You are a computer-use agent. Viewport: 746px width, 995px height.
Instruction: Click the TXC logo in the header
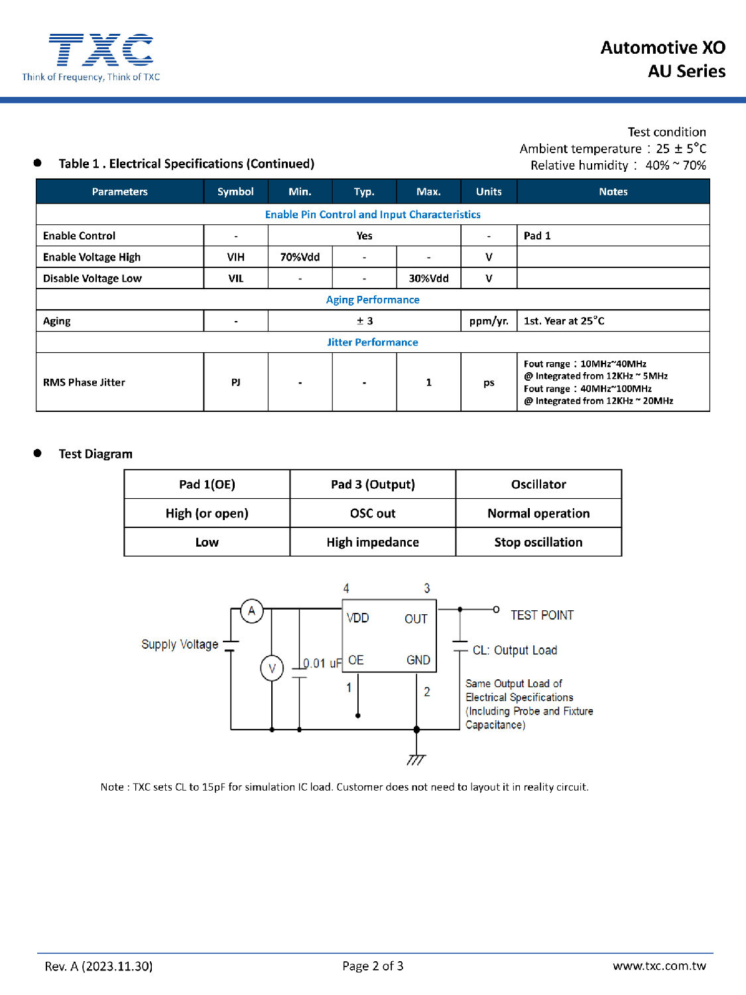[x=101, y=50]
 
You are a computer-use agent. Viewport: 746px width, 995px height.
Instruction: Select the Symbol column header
[x=235, y=192]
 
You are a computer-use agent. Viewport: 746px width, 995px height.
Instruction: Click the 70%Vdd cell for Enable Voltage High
[x=300, y=257]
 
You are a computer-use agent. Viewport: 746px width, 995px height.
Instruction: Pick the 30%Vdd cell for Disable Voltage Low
[x=428, y=279]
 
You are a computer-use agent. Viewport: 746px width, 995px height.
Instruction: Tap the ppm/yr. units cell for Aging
[x=489, y=321]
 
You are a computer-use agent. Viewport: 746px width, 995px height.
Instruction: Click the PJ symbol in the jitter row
[x=235, y=383]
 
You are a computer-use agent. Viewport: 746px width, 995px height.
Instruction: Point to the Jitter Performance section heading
[x=372, y=342]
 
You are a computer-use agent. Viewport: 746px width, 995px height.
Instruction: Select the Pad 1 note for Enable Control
[x=537, y=236]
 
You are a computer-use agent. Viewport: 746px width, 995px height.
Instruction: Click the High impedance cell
[x=373, y=543]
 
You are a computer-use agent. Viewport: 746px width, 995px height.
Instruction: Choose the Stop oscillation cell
[x=538, y=543]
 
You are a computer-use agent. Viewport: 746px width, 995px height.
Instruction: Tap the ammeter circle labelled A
[x=251, y=611]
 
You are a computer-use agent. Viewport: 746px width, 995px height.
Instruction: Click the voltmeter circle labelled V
[x=272, y=668]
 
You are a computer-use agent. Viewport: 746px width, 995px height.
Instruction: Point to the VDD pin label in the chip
[x=357, y=618]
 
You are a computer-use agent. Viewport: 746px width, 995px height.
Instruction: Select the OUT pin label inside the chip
[x=416, y=619]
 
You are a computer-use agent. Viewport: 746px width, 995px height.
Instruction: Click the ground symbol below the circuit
[x=416, y=759]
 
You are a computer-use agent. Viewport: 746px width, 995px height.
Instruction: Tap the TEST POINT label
[x=542, y=616]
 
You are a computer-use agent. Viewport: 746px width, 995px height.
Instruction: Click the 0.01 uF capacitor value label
[x=322, y=663]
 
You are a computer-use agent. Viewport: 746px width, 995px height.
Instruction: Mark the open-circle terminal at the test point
[x=496, y=609]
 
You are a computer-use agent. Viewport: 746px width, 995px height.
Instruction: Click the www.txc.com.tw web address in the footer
[x=659, y=966]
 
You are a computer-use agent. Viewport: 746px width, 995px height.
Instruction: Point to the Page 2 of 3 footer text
[x=373, y=966]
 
